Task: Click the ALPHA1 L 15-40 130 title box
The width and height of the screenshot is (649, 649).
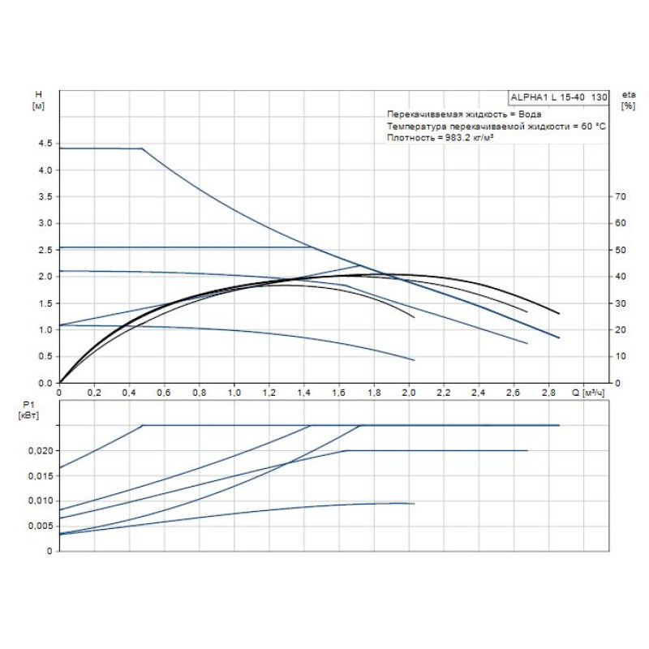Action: pos(557,97)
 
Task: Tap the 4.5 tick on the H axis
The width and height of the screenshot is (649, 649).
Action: pos(44,144)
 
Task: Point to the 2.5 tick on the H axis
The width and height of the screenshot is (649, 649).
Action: pos(44,250)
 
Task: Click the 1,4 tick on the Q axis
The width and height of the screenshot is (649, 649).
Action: pos(304,393)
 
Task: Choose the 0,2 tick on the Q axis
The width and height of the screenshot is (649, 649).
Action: pos(95,393)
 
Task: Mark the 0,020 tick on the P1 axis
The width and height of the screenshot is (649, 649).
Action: pos(41,450)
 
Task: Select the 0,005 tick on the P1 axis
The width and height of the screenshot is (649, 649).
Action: pos(41,526)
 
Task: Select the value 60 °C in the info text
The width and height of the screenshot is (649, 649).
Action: pos(591,127)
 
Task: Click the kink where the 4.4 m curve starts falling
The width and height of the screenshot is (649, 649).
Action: pos(142,148)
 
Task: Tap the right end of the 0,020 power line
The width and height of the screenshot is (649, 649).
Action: pos(527,450)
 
